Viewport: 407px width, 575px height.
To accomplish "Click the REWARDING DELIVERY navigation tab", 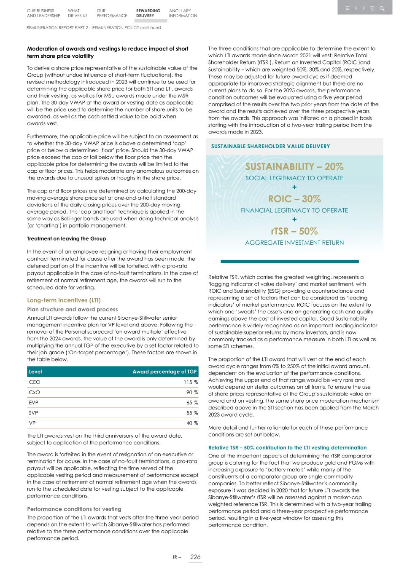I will pyautogui.click(x=148, y=13).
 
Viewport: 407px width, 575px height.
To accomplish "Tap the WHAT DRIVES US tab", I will pyautogui.click(x=77, y=13).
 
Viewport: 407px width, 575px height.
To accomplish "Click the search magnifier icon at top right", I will pyautogui.click(x=382, y=8).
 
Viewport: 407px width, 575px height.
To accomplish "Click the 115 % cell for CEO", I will pyautogui.click(x=191, y=382).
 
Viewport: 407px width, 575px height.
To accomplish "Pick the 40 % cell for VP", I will pyautogui.click(x=192, y=423).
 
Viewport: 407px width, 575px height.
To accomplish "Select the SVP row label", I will pyautogui.click(x=34, y=413).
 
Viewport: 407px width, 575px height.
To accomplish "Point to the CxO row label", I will pyautogui.click(x=34, y=392).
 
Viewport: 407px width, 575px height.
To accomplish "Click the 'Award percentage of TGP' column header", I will pyautogui.click(x=164, y=372).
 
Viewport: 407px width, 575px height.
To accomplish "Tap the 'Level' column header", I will pyautogui.click(x=35, y=372).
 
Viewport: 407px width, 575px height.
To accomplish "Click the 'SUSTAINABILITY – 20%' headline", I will pyautogui.click(x=294, y=166).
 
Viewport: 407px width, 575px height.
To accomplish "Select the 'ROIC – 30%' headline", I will pyautogui.click(x=294, y=199).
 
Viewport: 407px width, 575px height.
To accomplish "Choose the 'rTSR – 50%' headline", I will pyautogui.click(x=294, y=231).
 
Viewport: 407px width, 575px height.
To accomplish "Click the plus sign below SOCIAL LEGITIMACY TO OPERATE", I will pyautogui.click(x=294, y=187).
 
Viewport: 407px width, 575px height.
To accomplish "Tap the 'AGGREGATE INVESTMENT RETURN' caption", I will pyautogui.click(x=294, y=243).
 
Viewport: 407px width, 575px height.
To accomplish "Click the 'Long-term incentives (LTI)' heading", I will pyautogui.click(x=64, y=300).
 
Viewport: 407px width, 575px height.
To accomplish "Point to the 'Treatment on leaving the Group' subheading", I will pyautogui.click(x=66, y=238).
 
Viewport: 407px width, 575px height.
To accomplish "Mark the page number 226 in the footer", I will pyautogui.click(x=195, y=557).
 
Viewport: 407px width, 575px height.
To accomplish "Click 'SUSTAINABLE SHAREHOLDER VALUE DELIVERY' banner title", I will pyautogui.click(x=270, y=146).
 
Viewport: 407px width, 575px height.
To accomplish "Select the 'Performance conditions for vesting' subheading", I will pyautogui.click(x=74, y=509).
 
